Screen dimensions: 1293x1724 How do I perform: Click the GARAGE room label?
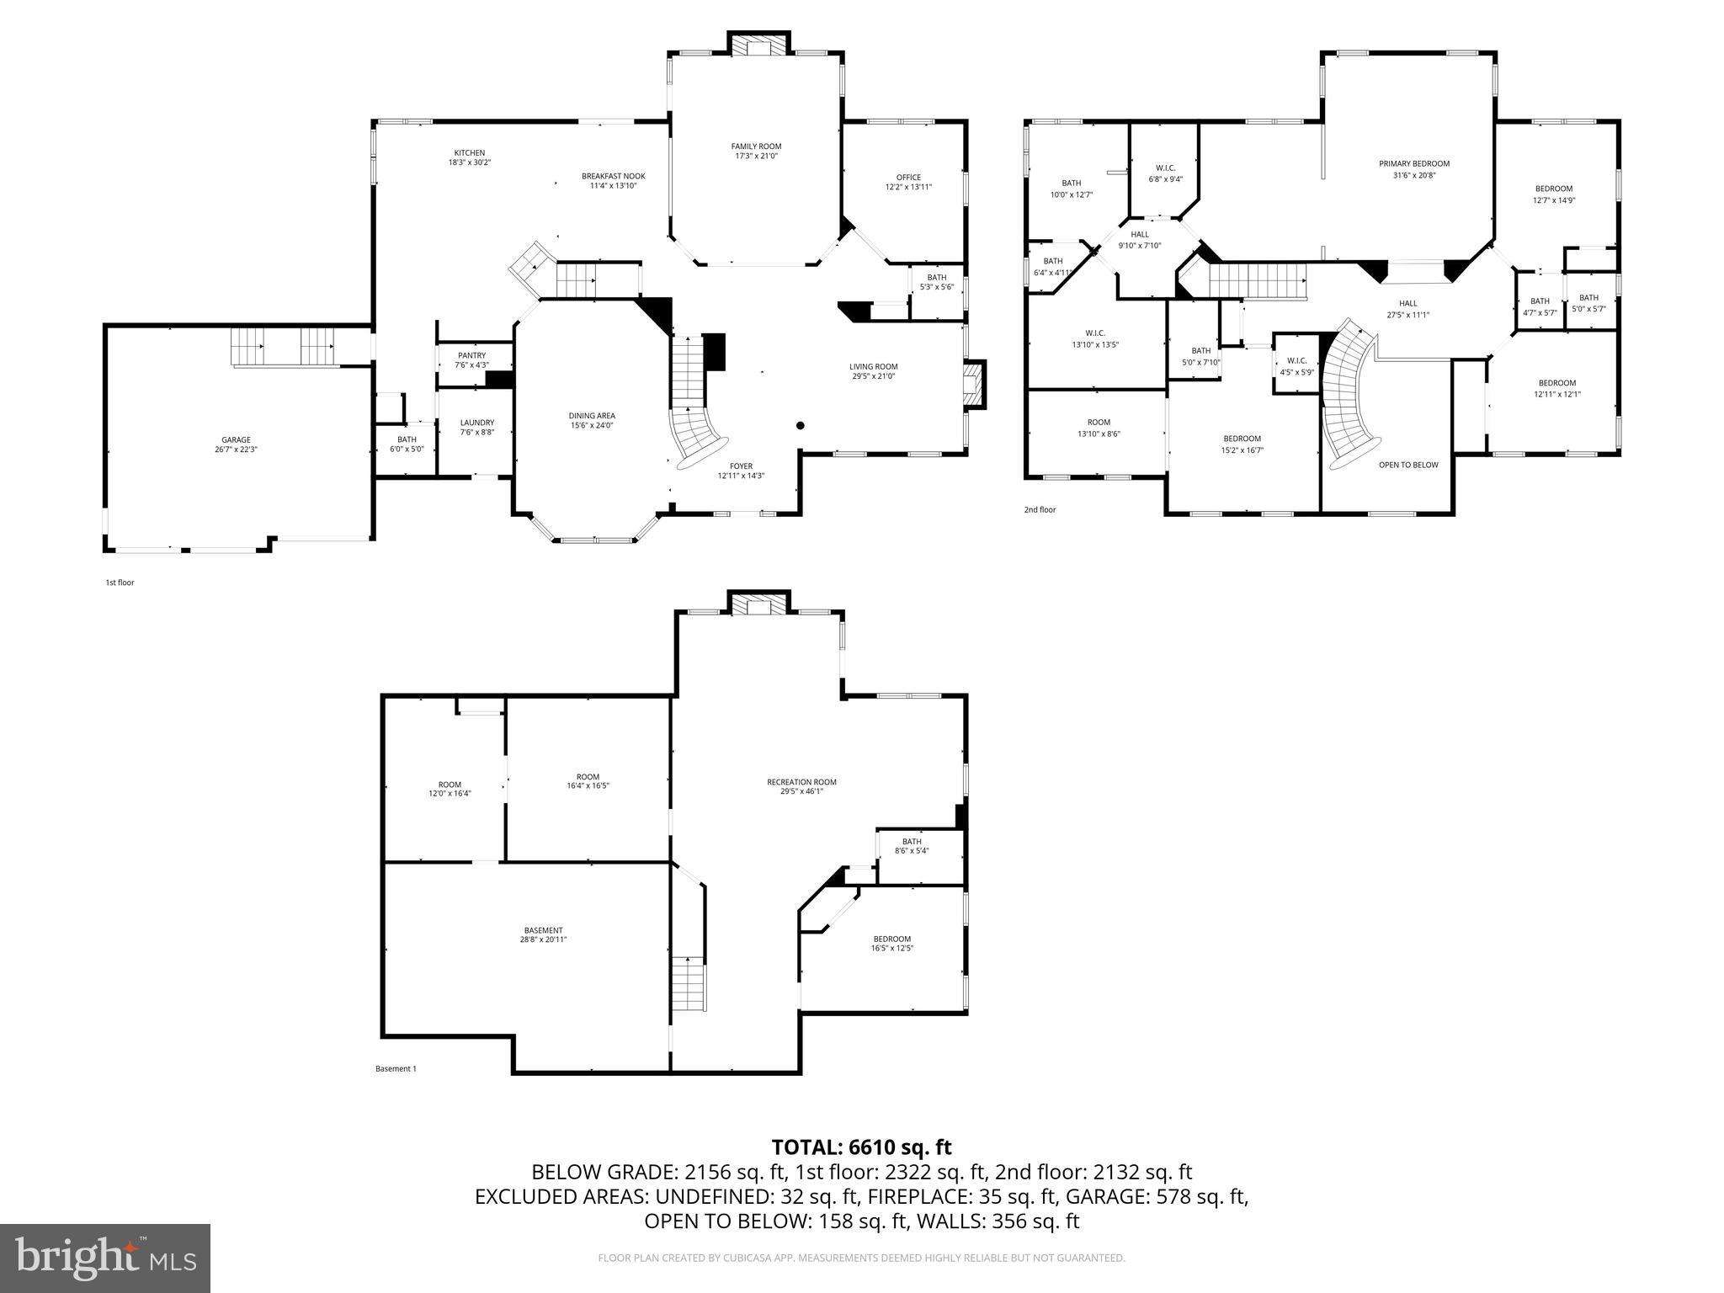coord(236,439)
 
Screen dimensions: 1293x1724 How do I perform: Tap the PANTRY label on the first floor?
coord(471,355)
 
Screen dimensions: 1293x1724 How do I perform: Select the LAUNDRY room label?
coord(476,423)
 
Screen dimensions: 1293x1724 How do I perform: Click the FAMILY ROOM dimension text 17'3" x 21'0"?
coord(756,156)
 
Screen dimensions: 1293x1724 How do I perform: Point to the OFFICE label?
coord(908,178)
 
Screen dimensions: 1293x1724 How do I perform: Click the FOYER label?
coord(741,466)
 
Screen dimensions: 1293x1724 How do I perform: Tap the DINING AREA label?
coord(592,416)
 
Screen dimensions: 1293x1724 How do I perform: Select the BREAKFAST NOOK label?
coord(613,176)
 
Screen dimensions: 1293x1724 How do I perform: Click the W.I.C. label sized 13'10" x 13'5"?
coord(1095,333)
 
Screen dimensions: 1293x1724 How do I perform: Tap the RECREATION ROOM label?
coord(801,782)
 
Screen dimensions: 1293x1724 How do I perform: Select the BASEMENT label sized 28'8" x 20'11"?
coord(542,930)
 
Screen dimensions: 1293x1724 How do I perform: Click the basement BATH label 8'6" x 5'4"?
coord(912,841)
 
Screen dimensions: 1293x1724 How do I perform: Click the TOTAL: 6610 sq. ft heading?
coord(861,1147)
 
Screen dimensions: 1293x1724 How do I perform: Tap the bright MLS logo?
coord(105,1258)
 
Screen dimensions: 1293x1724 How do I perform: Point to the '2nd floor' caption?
coord(1040,510)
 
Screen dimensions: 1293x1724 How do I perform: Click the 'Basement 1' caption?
coord(396,1069)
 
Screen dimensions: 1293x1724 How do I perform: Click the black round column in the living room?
coord(801,426)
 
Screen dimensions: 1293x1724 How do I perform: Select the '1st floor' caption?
coord(120,583)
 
